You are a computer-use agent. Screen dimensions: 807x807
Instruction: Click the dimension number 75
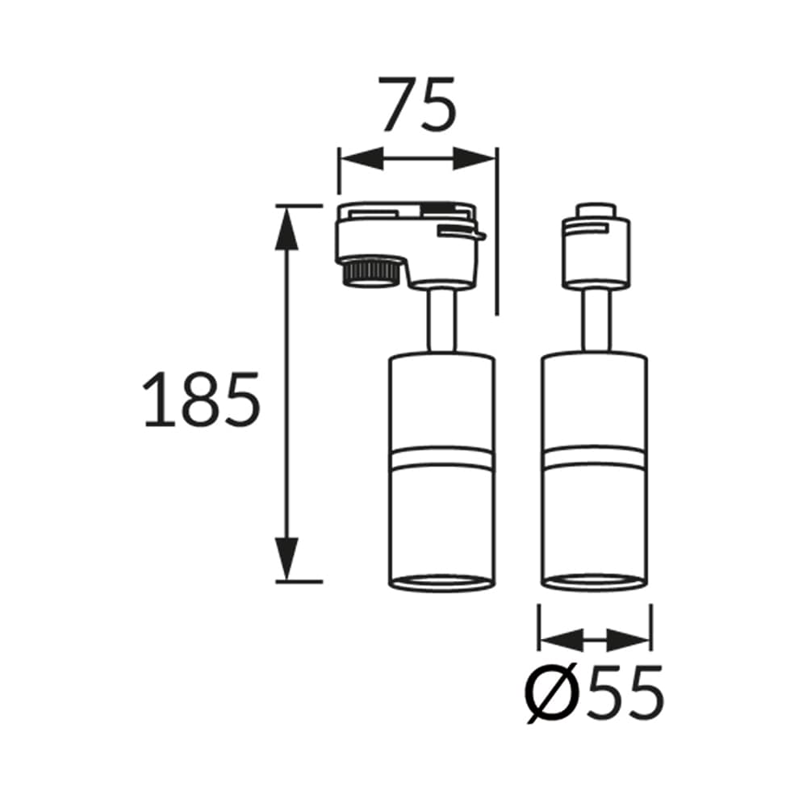(418, 104)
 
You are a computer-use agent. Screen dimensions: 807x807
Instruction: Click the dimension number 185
(201, 399)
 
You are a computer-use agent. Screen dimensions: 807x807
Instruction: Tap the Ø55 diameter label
(595, 695)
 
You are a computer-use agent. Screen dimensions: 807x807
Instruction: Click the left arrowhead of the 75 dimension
(362, 158)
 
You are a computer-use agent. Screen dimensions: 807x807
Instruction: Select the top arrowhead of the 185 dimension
(287, 229)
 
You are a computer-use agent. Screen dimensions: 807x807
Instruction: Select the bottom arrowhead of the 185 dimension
(287, 558)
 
